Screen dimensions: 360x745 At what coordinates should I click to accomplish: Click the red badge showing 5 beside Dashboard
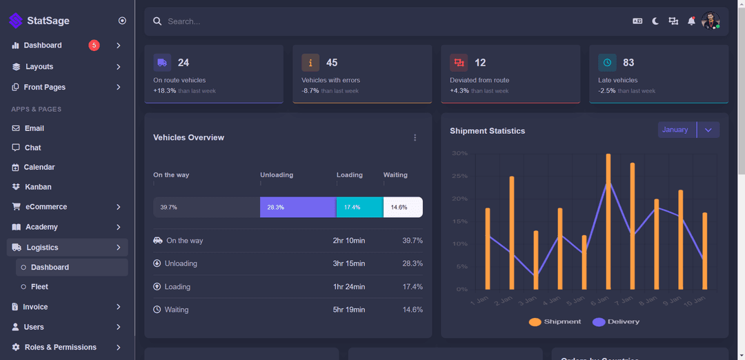tap(94, 46)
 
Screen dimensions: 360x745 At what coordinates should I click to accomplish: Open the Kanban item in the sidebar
tap(38, 187)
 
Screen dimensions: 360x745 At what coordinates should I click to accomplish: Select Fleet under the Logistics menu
tap(39, 287)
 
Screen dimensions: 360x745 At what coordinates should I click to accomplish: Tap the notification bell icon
tap(691, 21)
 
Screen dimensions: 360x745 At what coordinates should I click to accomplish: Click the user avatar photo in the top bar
tap(711, 21)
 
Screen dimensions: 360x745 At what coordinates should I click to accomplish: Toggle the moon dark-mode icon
tap(655, 21)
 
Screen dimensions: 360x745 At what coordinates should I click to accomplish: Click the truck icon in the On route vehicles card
tap(162, 63)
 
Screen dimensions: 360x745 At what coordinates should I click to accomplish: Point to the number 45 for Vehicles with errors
tap(332, 63)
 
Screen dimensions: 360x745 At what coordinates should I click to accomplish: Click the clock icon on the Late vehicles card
tap(607, 63)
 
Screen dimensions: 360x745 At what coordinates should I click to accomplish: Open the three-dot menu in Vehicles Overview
tap(415, 138)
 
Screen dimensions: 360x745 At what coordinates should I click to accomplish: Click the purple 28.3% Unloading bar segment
tap(298, 207)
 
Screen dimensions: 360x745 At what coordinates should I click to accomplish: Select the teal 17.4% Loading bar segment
tap(359, 207)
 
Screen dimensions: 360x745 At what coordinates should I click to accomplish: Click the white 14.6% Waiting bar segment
tap(403, 207)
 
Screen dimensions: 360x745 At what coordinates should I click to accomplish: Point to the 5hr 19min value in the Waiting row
tap(348, 310)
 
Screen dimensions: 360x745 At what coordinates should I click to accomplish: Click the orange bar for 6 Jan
tap(608, 221)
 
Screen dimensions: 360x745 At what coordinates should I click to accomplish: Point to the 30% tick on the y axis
tap(459, 153)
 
